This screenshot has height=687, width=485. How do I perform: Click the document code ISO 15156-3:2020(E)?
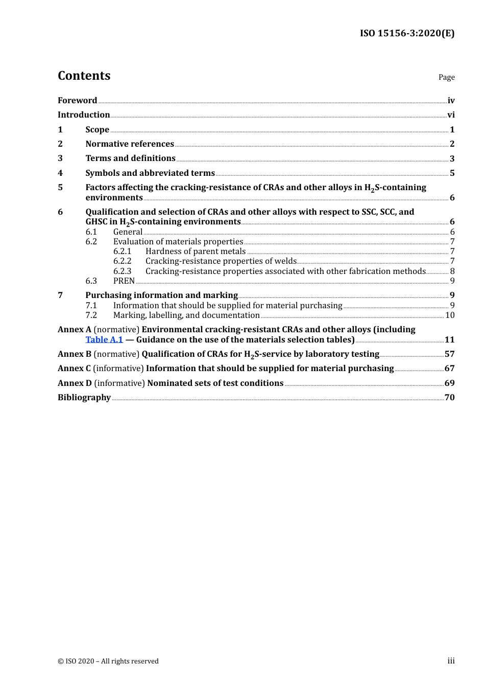pyautogui.click(x=407, y=33)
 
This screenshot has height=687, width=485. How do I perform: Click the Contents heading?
pyautogui.click(x=84, y=76)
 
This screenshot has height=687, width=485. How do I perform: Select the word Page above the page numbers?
pyautogui.click(x=446, y=77)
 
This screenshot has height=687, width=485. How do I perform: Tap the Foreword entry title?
pyautogui.click(x=77, y=101)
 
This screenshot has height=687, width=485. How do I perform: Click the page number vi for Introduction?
pyautogui.click(x=451, y=115)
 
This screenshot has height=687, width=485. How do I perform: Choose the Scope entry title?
pyautogui.click(x=97, y=130)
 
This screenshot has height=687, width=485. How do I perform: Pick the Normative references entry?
pyautogui.click(x=130, y=144)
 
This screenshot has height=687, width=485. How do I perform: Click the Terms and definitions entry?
pyautogui.click(x=130, y=158)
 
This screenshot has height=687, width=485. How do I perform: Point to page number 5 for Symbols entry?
pyautogui.click(x=452, y=173)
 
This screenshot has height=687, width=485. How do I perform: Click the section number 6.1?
pyautogui.click(x=91, y=232)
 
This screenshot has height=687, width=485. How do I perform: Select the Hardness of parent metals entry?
pyautogui.click(x=196, y=251)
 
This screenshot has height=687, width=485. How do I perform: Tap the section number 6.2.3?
pyautogui.click(x=122, y=271)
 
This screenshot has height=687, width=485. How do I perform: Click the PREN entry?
pyautogui.click(x=124, y=281)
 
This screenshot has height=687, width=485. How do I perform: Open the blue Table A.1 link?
pyautogui.click(x=104, y=340)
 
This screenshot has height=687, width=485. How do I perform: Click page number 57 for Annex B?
pyautogui.click(x=449, y=354)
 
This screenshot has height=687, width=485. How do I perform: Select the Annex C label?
pyautogui.click(x=74, y=369)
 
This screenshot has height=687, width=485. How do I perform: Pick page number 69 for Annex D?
pyautogui.click(x=449, y=383)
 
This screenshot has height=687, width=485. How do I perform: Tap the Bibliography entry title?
pyautogui.click(x=84, y=398)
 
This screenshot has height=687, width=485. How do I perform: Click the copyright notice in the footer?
pyautogui.click(x=108, y=661)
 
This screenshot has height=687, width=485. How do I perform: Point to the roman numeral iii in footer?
pyautogui.click(x=451, y=661)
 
